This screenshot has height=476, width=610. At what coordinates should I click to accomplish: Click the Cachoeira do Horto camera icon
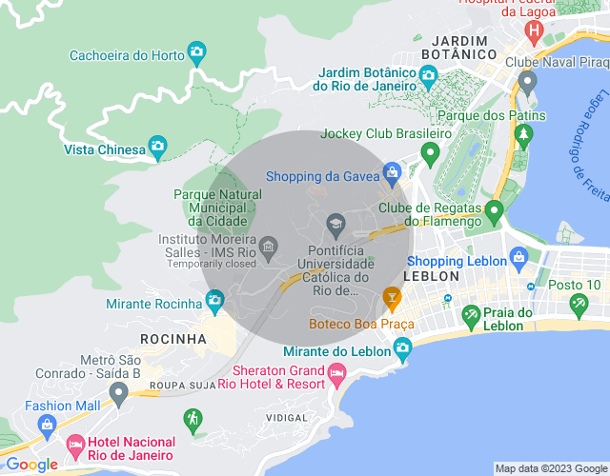pyautogui.click(x=196, y=51)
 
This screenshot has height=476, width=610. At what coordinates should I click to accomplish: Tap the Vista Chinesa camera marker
pyautogui.click(x=158, y=148)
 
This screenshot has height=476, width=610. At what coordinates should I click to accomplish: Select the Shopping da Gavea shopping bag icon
pyautogui.click(x=391, y=172)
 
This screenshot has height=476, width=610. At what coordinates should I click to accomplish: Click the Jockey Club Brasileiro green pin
pyautogui.click(x=430, y=151)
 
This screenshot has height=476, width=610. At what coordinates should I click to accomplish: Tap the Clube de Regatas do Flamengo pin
pyautogui.click(x=494, y=209)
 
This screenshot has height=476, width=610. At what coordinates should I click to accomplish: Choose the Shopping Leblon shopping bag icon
pyautogui.click(x=518, y=256)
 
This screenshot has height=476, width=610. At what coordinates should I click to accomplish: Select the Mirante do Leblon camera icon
pyautogui.click(x=403, y=348)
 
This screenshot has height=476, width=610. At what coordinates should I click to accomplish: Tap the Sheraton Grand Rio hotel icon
pyautogui.click(x=335, y=377)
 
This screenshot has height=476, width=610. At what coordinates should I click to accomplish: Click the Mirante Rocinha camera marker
pyautogui.click(x=214, y=302)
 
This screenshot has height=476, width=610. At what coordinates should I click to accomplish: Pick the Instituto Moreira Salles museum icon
pyautogui.click(x=268, y=248)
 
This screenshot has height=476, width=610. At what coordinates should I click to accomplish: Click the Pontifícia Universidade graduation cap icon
pyautogui.click(x=335, y=225)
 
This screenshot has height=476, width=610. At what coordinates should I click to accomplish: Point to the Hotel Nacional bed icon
pyautogui.click(x=75, y=445)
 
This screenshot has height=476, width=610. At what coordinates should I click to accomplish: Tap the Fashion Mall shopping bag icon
pyautogui.click(x=47, y=424)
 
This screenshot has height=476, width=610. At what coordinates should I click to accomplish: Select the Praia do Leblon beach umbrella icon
pyautogui.click(x=470, y=314)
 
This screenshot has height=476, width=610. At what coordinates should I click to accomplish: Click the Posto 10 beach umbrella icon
pyautogui.click(x=578, y=305)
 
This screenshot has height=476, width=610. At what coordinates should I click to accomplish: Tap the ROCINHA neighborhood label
pyautogui.click(x=173, y=339)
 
